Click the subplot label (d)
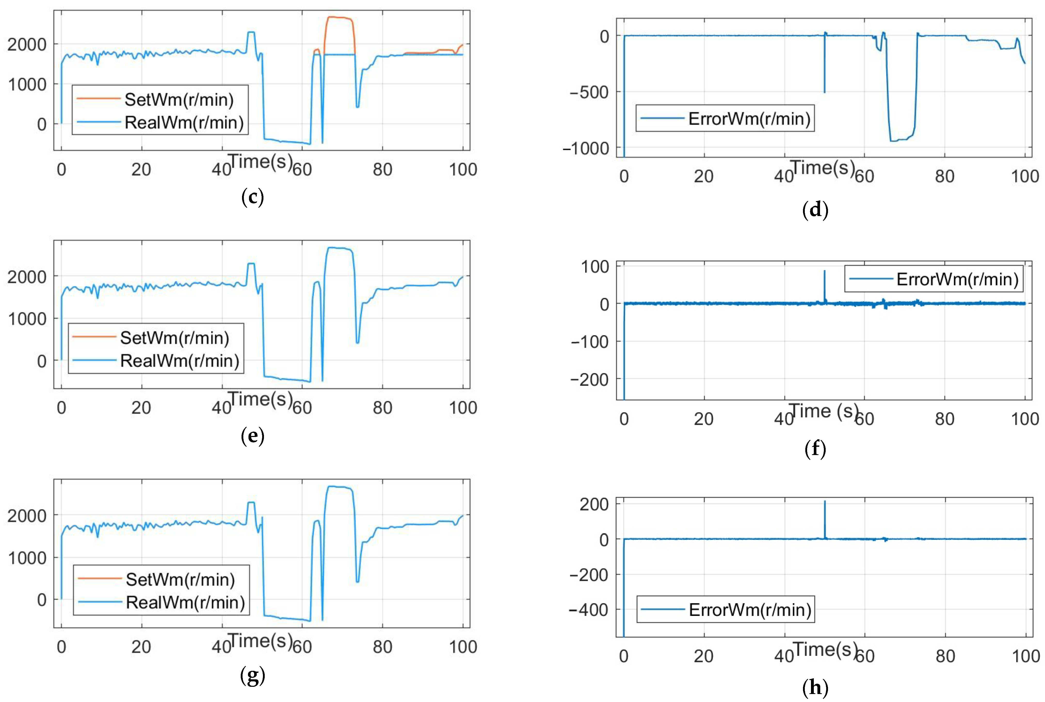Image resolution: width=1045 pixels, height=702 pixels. click(x=815, y=210)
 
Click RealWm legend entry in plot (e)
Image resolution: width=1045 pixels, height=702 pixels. click(x=179, y=360)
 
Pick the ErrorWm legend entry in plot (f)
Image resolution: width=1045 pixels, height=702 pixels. click(x=957, y=279)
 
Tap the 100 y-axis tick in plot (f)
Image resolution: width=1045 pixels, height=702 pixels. click(x=595, y=267)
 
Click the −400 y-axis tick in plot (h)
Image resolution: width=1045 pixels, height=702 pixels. click(x=588, y=609)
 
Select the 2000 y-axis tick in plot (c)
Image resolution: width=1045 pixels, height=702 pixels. click(x=27, y=44)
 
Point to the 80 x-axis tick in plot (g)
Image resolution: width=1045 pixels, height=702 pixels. click(x=382, y=647)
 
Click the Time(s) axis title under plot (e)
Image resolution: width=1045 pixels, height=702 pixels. click(x=260, y=399)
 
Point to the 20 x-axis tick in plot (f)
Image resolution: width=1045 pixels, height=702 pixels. click(x=704, y=419)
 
